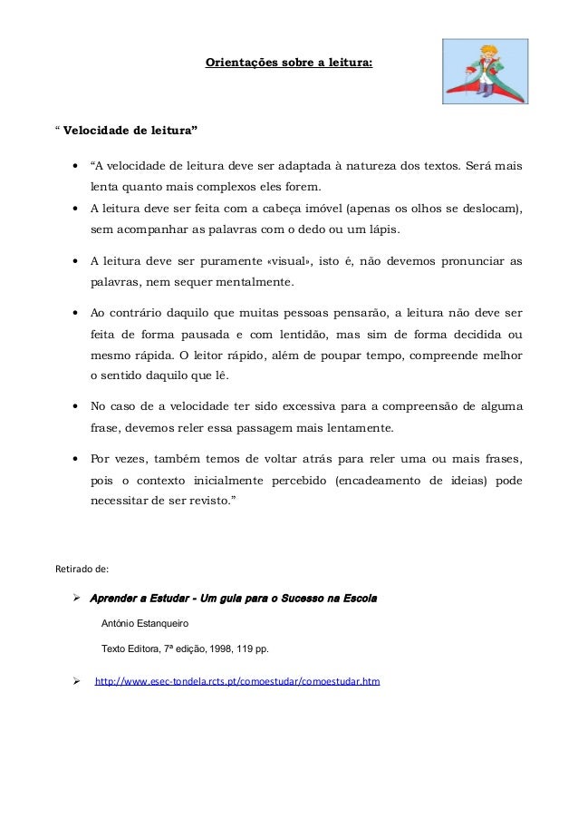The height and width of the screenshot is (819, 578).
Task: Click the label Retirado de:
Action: coord(82,570)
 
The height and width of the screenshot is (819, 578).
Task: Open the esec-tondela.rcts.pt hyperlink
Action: coord(237,679)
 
